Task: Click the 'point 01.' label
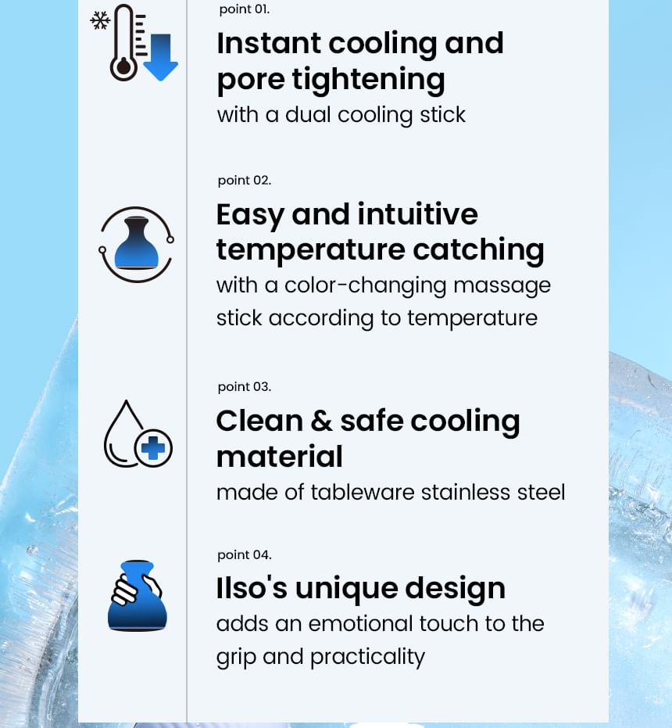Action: click(244, 9)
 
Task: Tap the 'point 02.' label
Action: click(244, 181)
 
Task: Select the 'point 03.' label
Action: click(244, 387)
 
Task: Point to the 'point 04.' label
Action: click(244, 555)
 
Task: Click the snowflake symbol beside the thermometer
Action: click(100, 21)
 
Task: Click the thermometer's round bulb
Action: click(123, 68)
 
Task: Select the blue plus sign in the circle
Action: click(153, 448)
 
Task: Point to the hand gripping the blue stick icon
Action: click(138, 596)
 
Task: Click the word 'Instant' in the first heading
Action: click(269, 43)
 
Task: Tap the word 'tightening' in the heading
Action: click(369, 80)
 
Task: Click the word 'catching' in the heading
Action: click(478, 251)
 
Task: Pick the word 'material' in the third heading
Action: click(280, 457)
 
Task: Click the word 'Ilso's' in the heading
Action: click(252, 588)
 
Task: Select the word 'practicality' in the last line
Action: click(367, 658)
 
